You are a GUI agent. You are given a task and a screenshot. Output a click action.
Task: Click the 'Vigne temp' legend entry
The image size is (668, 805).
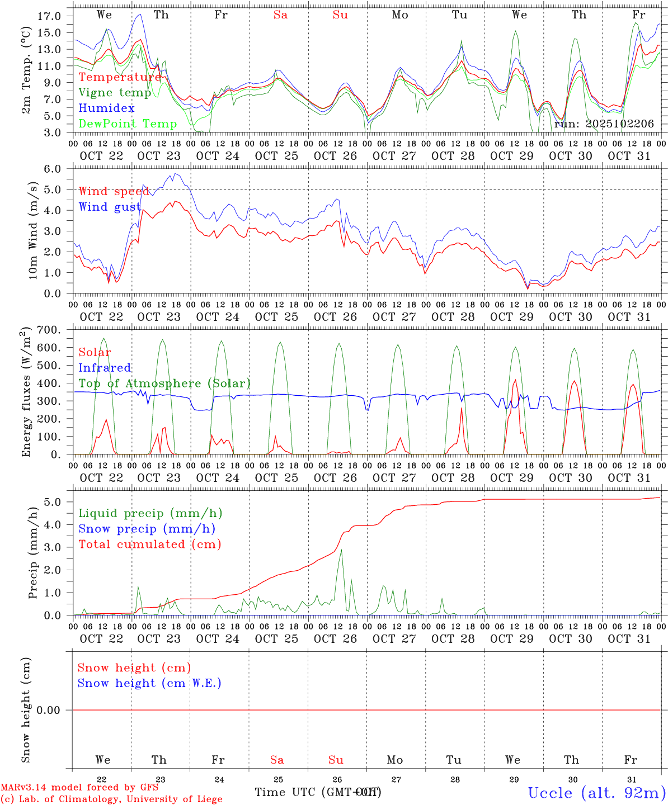(115, 93)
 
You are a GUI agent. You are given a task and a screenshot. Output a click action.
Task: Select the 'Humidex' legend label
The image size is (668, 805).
(106, 108)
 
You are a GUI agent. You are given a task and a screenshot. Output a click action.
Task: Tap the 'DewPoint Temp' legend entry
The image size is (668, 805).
(128, 124)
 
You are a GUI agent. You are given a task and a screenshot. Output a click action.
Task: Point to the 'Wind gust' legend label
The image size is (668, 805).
(110, 207)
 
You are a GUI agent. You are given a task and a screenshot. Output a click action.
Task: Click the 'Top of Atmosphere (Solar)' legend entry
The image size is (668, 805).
(164, 383)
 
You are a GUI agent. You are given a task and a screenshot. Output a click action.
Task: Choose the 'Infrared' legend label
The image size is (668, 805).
(105, 368)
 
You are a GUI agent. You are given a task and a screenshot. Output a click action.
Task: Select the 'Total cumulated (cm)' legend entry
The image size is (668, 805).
(150, 544)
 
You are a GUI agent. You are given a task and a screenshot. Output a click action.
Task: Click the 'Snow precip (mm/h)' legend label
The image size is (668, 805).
(147, 529)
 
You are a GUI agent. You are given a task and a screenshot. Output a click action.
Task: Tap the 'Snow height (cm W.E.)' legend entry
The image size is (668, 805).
(149, 683)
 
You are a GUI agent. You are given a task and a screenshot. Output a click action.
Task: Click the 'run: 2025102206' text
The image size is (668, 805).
(604, 124)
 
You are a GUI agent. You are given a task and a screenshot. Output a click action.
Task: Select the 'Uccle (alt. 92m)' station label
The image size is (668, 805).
(597, 793)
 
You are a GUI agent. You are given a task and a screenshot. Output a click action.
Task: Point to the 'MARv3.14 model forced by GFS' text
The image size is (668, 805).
(79, 788)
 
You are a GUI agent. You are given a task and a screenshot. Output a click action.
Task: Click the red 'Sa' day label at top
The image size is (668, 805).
(280, 15)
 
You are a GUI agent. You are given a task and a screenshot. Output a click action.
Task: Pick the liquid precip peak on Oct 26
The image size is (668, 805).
(341, 550)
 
